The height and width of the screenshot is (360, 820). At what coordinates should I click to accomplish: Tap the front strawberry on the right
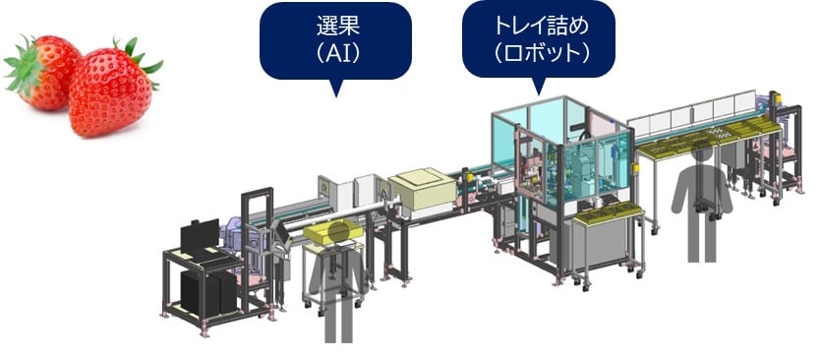point(110,93)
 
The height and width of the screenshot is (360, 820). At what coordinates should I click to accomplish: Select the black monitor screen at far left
point(200,238)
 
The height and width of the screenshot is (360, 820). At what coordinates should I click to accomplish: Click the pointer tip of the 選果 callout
point(335,96)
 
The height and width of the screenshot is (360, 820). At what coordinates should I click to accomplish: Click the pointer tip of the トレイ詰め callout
point(537,95)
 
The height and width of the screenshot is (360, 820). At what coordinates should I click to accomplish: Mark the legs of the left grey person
point(337,321)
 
